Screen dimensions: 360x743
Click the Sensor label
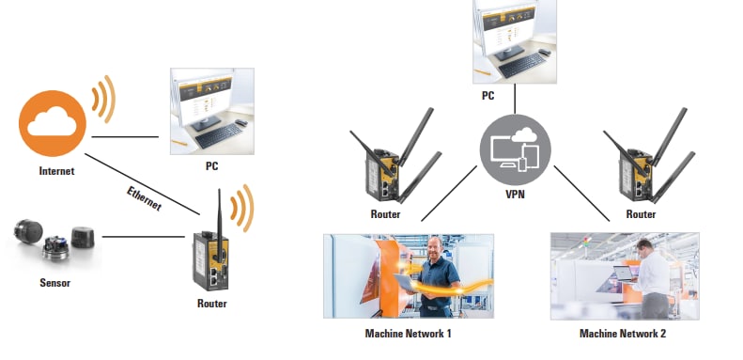54,281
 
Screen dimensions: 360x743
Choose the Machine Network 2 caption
623,332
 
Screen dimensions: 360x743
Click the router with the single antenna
211,254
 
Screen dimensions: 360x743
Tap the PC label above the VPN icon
488,95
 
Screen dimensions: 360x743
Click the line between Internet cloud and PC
125,137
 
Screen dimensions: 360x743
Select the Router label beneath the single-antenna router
211,304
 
